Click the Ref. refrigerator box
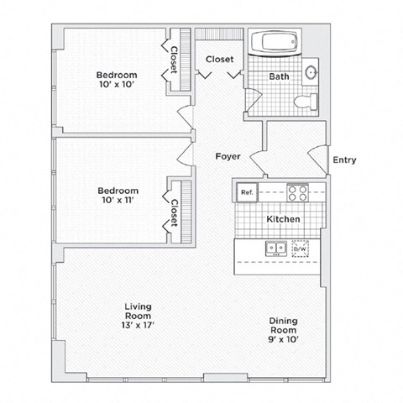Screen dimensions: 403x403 point(247,191)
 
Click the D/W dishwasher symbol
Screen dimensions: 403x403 point(300,249)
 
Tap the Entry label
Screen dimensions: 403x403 point(344,160)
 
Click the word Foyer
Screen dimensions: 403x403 point(228,156)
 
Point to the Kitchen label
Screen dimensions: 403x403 point(283,220)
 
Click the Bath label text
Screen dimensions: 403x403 point(279,77)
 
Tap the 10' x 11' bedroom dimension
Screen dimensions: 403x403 point(117,200)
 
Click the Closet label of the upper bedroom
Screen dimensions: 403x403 point(174,59)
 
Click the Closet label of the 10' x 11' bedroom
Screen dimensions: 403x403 point(174,212)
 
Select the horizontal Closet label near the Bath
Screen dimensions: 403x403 point(220,60)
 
